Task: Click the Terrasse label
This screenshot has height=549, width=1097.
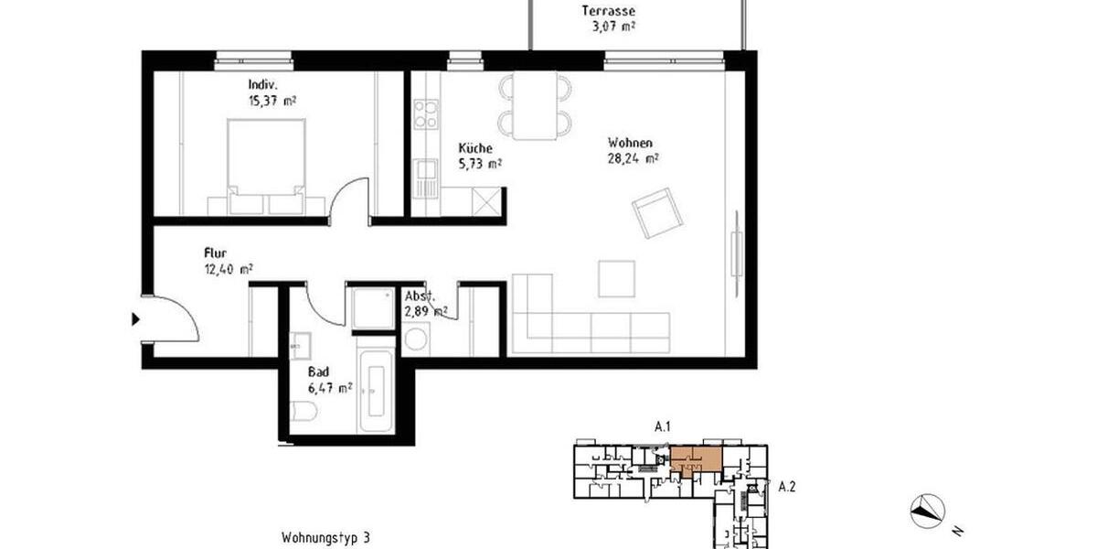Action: pos(608,12)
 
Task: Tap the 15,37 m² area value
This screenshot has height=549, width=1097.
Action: pos(271,100)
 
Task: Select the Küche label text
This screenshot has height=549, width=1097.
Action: pos(475,148)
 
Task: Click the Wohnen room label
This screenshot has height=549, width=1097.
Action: pos(630,143)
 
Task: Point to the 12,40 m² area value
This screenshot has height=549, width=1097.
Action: pos(228,269)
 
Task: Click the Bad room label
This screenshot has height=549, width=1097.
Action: pos(318,372)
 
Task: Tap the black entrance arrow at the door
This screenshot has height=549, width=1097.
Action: pos(135,319)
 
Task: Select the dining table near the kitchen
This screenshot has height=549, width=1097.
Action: pos(535,105)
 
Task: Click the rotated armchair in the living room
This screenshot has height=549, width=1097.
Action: pos(657,213)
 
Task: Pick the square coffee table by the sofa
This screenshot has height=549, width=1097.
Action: pos(616,278)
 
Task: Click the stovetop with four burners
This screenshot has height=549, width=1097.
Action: pos(426,115)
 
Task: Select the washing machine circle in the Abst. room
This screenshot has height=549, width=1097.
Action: pos(415,340)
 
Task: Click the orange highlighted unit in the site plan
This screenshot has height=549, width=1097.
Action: pos(694,457)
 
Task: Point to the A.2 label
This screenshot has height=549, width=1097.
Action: pos(787,487)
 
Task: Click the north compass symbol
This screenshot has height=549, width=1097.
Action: pos(927,510)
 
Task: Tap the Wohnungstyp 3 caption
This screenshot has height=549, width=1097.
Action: pos(325,538)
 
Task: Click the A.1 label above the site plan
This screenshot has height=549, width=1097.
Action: pos(664,426)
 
